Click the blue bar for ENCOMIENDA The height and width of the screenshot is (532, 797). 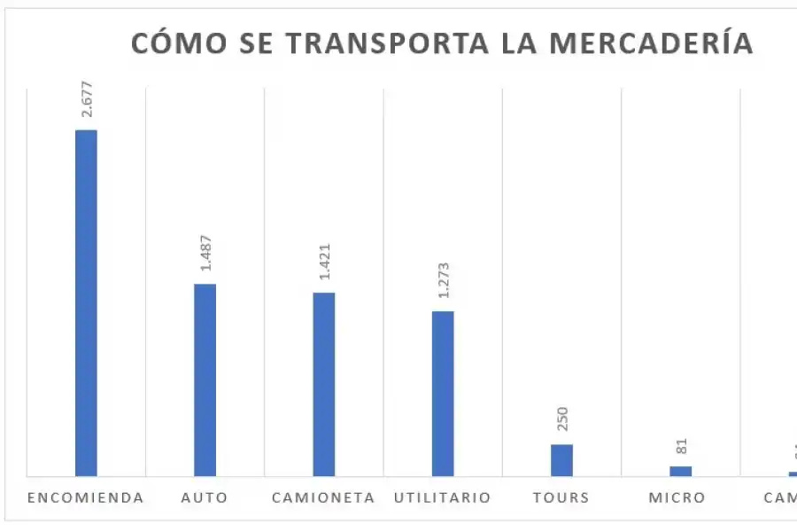coord(86,302)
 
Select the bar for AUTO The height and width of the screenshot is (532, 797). coord(205,379)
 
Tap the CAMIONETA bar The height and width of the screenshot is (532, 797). coord(324,384)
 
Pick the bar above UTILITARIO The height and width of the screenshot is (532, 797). coord(443,393)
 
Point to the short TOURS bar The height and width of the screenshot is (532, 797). coord(561,459)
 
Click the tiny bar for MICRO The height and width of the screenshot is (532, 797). coord(680,471)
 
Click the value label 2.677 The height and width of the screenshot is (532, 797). coord(87,100)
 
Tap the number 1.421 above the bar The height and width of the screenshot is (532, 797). coord(324,263)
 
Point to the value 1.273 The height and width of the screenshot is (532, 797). coord(443,281)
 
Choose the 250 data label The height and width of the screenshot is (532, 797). coord(562,419)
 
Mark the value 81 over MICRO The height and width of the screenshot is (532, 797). coord(681,446)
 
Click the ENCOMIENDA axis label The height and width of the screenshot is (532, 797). coord(86,497)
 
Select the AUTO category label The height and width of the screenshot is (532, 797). coord(205,497)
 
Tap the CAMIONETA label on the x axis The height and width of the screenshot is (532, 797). coord(324,497)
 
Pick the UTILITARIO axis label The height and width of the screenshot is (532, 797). coord(443,497)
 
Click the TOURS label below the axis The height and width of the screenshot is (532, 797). coord(561,497)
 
